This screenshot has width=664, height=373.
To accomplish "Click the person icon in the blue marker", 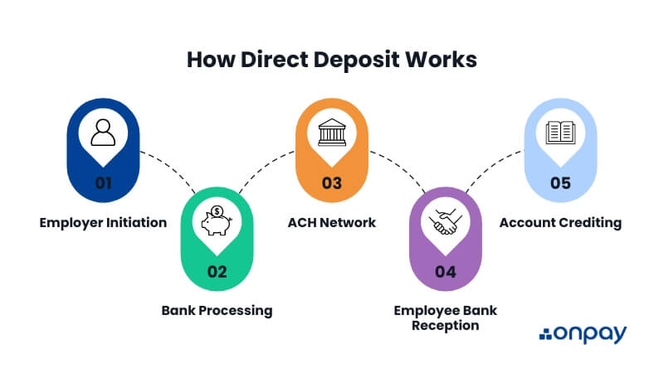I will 102,133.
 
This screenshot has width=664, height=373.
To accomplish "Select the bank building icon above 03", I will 332,133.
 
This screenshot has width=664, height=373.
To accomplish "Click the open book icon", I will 561,133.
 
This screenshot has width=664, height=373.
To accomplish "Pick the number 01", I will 102,183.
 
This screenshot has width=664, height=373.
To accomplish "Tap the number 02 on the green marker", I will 217,272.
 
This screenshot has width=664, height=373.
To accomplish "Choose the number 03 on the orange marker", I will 332,183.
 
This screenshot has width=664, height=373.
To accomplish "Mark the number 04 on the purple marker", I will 447,272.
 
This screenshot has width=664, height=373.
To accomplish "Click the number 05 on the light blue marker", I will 561,183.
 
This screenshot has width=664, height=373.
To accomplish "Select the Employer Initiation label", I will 102,222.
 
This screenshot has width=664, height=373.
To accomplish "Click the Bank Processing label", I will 217,311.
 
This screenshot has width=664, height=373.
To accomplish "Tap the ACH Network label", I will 332,222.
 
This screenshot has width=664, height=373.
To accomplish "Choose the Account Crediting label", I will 560,222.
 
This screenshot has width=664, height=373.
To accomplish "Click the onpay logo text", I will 592,334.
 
